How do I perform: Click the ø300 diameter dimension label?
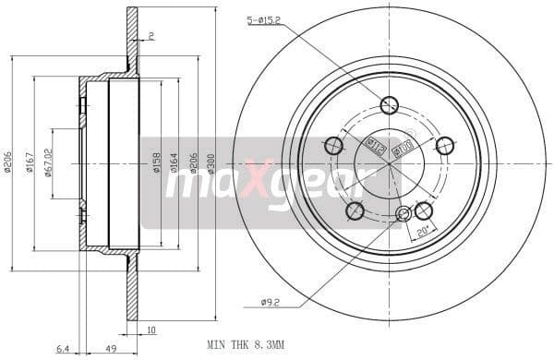pos(211,162)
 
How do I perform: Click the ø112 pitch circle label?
pos(375,143)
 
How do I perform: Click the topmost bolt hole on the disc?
pos(389,105)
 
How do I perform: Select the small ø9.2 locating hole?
pos(403,215)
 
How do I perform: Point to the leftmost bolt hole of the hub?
pos(333,146)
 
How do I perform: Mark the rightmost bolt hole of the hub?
pos(444,146)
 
